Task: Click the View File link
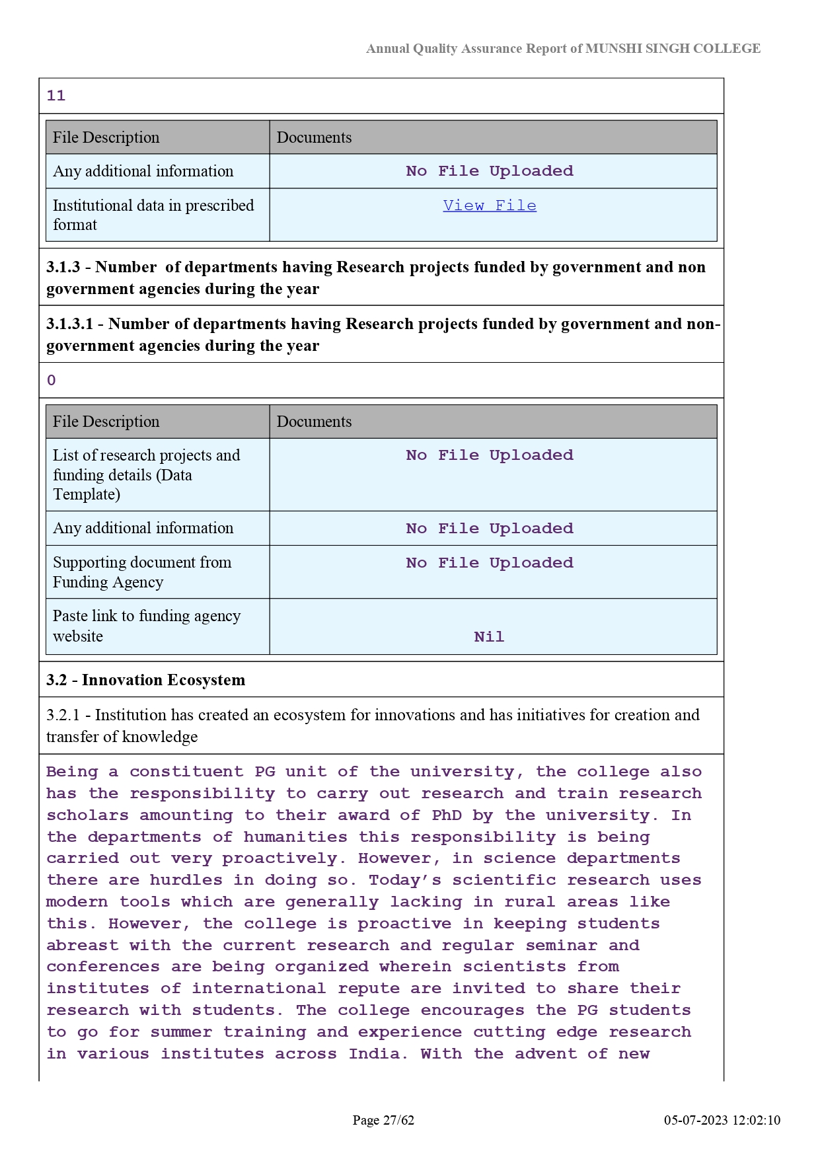pos(490,206)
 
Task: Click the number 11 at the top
pos(56,96)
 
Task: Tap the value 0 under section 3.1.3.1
pos(52,381)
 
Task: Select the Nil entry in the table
pos(489,637)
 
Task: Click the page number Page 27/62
pos(383,1120)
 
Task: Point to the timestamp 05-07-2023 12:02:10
pos(722,1120)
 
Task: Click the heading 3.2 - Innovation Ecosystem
pos(145,680)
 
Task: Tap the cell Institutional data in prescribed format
pos(153,215)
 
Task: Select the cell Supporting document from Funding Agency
pos(142,572)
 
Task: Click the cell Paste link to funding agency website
pos(147,626)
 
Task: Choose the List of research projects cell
pos(146,474)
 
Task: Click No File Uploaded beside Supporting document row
pos(490,563)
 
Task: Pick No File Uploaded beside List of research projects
pos(490,455)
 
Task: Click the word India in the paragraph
pos(375,1054)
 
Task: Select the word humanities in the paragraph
pos(295,837)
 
